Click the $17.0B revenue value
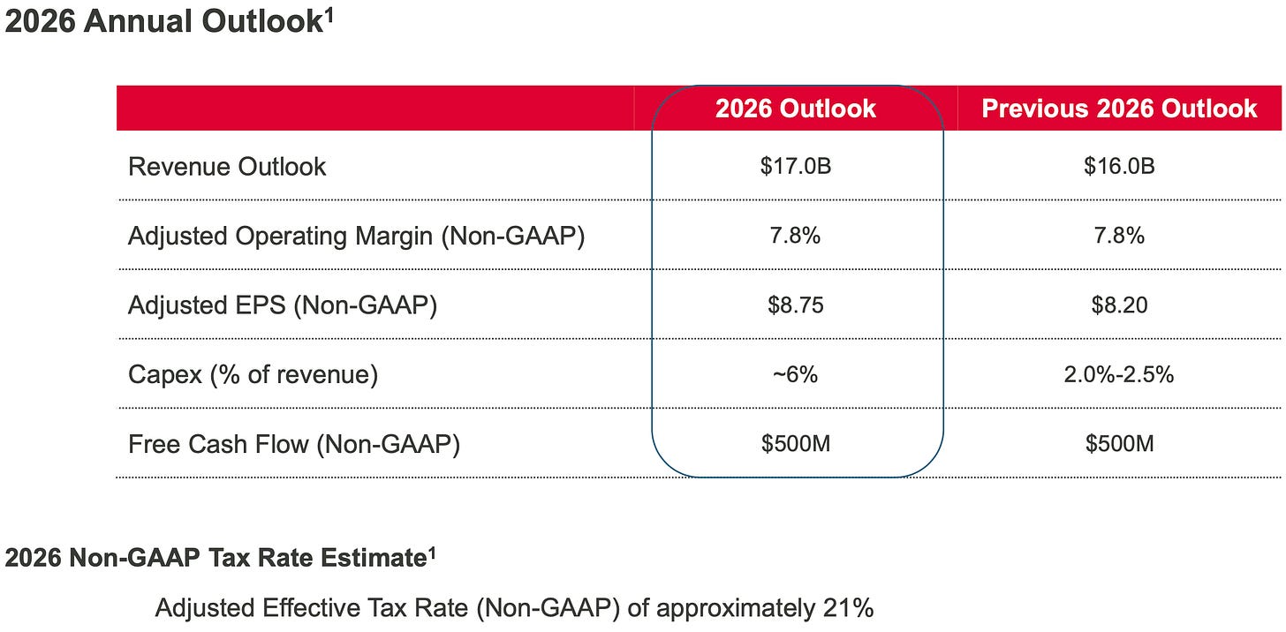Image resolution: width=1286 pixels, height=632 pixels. tap(795, 166)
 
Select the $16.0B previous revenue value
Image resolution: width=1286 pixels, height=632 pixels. tap(1119, 166)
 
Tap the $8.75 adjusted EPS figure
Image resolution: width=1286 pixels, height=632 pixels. tap(795, 305)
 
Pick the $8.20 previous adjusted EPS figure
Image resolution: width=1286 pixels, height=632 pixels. tap(1119, 305)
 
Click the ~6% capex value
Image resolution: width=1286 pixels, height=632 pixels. tap(795, 374)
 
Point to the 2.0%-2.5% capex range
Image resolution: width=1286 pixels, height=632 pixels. tap(1119, 374)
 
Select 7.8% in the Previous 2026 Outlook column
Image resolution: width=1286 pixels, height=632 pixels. tap(1119, 236)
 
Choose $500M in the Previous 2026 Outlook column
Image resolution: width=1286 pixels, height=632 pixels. tap(1119, 443)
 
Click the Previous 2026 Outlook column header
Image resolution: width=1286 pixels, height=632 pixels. tap(1119, 109)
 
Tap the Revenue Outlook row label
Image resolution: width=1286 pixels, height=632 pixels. tap(227, 166)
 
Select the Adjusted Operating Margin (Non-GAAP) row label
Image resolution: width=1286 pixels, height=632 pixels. tap(356, 236)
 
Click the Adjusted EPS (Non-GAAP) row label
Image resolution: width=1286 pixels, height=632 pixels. tap(283, 305)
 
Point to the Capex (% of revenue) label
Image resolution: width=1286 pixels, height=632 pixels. tap(253, 374)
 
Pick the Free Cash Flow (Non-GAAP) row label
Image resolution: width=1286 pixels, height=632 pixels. tap(294, 443)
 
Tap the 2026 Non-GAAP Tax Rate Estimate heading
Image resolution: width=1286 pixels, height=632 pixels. tap(215, 559)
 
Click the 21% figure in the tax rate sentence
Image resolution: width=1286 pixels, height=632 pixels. tap(848, 607)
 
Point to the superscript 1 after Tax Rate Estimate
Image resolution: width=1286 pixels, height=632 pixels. tap(432, 553)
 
